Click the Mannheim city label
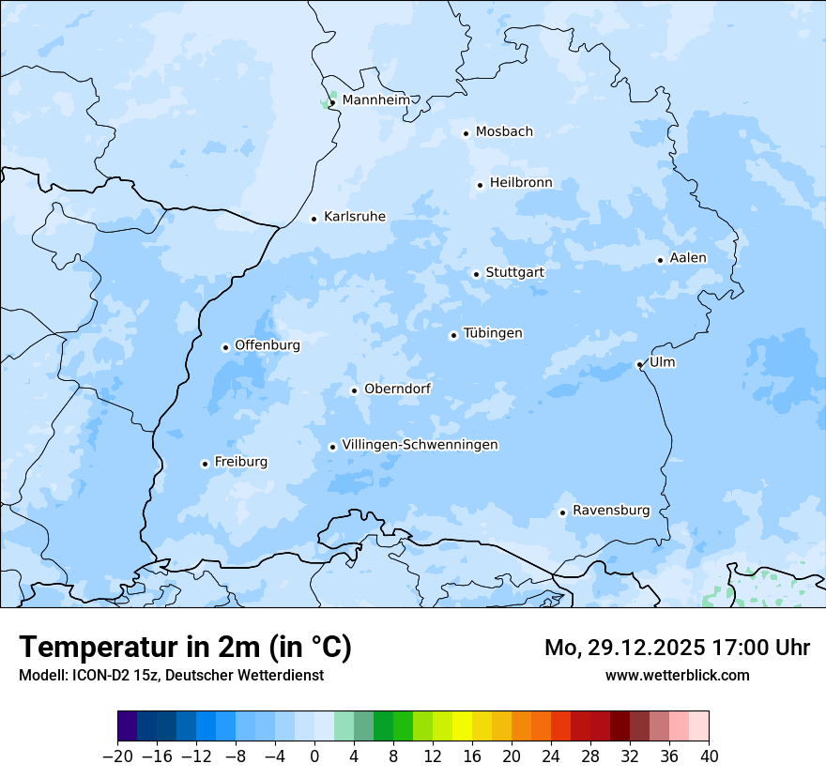pyautogui.click(x=376, y=99)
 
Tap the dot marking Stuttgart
pyautogui.click(x=477, y=274)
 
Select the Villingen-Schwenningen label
pyautogui.click(x=420, y=445)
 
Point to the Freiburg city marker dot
pyautogui.click(x=205, y=464)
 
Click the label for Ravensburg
pyautogui.click(x=611, y=511)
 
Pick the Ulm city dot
pyautogui.click(x=639, y=364)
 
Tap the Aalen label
pyautogui.click(x=688, y=258)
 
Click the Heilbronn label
pyautogui.click(x=521, y=183)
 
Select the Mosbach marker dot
pyautogui.click(x=466, y=133)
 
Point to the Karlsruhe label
pyautogui.click(x=355, y=217)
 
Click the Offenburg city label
pyautogui.click(x=268, y=345)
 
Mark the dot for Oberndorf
pyautogui.click(x=354, y=390)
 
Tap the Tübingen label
pyautogui.click(x=493, y=333)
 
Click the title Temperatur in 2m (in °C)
pyautogui.click(x=185, y=647)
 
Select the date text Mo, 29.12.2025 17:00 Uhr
pyautogui.click(x=677, y=648)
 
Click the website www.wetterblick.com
pyautogui.click(x=677, y=675)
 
